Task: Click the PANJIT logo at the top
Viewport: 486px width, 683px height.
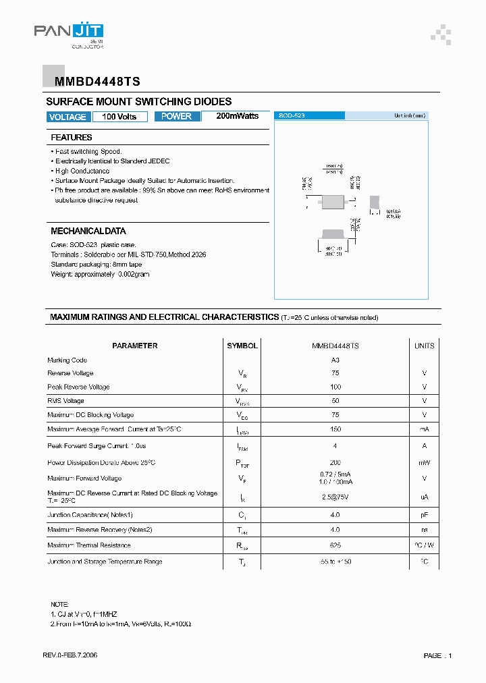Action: pyautogui.click(x=68, y=34)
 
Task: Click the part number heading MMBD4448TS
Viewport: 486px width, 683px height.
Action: pyautogui.click(x=92, y=82)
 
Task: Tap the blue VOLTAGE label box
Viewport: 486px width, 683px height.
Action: pyautogui.click(x=67, y=117)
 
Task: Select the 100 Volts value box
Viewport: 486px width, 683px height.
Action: pyautogui.click(x=119, y=117)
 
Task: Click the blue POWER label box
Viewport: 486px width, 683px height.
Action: pyautogui.click(x=177, y=116)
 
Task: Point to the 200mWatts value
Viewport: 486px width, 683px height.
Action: pyautogui.click(x=237, y=116)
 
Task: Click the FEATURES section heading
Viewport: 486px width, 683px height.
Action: pyautogui.click(x=72, y=138)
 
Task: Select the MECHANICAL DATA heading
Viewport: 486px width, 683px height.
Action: pyautogui.click(x=88, y=231)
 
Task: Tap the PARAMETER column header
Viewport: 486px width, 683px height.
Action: pyautogui.click(x=135, y=346)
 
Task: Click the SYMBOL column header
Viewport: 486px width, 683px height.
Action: pyautogui.click(x=242, y=346)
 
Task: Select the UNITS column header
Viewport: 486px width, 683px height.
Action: pyautogui.click(x=424, y=346)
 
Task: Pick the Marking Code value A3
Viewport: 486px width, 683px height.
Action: pyautogui.click(x=335, y=360)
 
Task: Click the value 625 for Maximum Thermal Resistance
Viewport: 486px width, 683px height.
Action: pyautogui.click(x=335, y=545)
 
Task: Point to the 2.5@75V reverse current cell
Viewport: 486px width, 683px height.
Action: pyautogui.click(x=335, y=497)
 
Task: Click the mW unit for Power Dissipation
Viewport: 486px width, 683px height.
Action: pyautogui.click(x=424, y=463)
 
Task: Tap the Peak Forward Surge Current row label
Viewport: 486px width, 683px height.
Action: pyautogui.click(x=97, y=446)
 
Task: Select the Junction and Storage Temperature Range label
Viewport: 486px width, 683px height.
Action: pyautogui.click(x=105, y=562)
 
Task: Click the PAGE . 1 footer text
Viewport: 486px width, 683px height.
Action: pyautogui.click(x=437, y=655)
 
